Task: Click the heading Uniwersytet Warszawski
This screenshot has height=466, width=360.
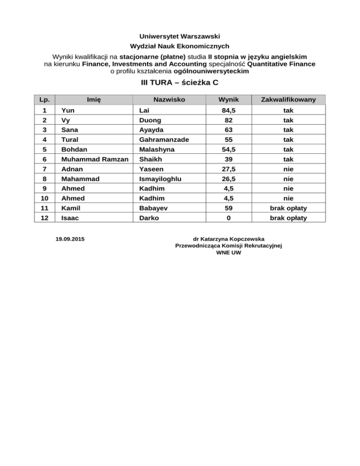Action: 180,36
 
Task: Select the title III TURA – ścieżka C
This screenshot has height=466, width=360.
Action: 180,83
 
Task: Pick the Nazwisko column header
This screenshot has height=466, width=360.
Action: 169,99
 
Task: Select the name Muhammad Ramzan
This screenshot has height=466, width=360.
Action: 92,159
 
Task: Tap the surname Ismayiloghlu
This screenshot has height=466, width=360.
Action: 160,179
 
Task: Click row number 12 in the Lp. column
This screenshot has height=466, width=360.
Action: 44,218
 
